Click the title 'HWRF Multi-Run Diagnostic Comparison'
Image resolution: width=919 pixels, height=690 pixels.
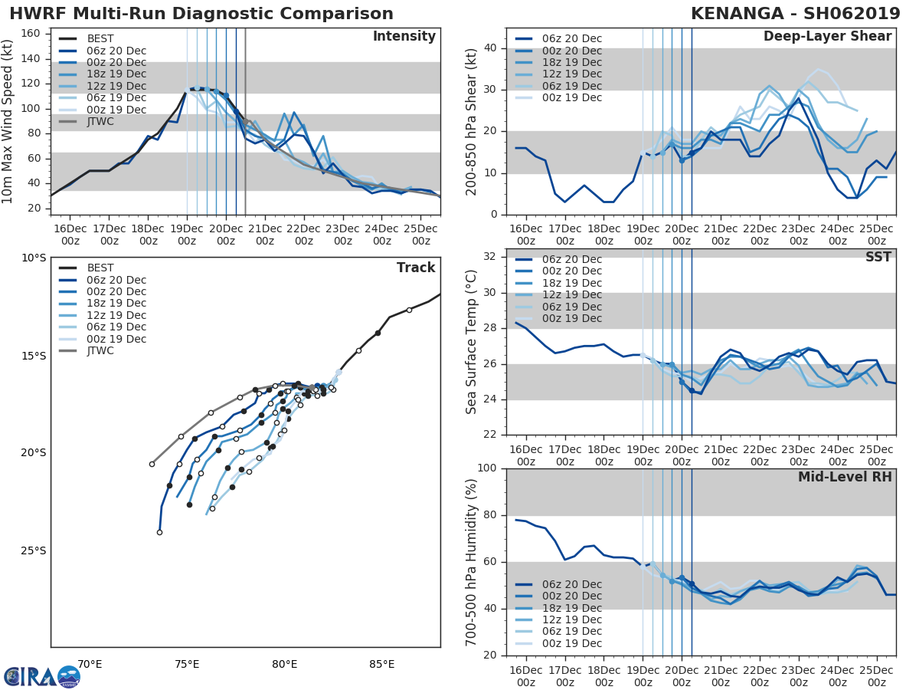[201, 14]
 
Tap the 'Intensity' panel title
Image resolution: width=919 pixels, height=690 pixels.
[404, 37]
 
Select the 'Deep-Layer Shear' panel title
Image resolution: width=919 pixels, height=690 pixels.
[827, 37]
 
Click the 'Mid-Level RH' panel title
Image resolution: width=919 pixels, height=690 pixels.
[845, 477]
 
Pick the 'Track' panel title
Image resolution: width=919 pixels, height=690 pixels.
[416, 268]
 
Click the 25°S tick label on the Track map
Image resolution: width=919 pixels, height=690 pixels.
[32, 550]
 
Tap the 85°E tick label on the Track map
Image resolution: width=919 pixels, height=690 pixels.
[381, 664]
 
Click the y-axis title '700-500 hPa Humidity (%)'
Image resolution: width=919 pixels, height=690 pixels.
[472, 561]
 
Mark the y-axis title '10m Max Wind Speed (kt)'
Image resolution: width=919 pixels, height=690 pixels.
[9, 121]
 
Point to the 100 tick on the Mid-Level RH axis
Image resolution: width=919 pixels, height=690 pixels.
[487, 468]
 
